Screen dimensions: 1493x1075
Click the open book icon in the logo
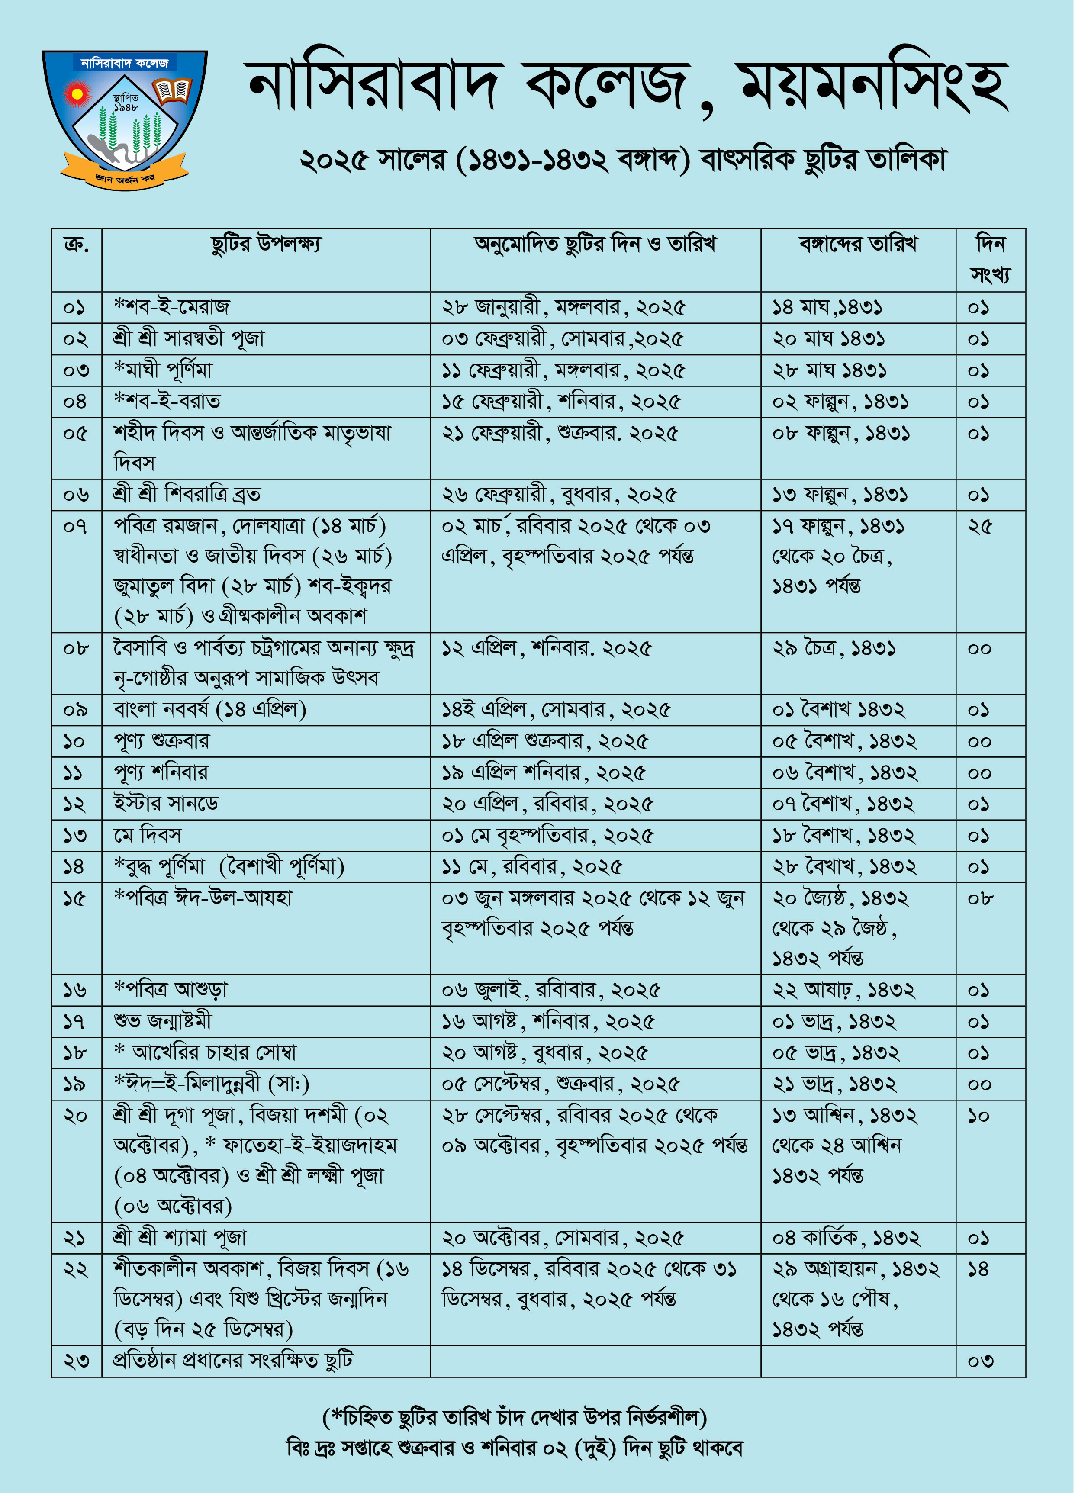(173, 91)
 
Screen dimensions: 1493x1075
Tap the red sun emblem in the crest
(77, 94)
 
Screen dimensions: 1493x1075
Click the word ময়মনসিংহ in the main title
(874, 87)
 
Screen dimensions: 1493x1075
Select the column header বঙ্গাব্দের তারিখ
(858, 244)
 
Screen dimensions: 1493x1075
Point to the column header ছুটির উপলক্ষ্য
(266, 244)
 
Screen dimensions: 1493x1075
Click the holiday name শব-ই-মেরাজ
(173, 307)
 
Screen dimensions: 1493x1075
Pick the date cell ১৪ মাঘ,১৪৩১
(827, 307)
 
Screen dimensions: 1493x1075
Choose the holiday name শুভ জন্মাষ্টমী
(163, 1021)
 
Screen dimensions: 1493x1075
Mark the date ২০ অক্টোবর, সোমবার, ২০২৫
(563, 1238)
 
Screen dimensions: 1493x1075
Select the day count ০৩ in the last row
(980, 1361)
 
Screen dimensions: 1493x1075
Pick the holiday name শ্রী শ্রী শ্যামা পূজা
(180, 1238)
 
